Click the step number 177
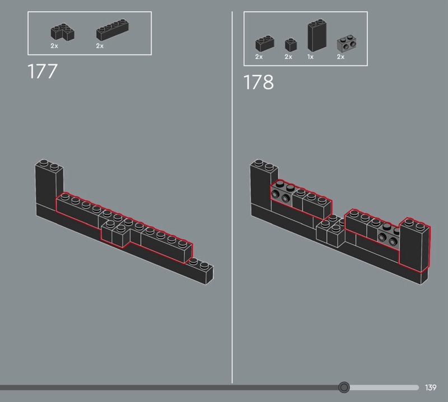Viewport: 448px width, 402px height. pyautogui.click(x=43, y=72)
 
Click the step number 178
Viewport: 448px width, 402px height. pyautogui.click(x=258, y=82)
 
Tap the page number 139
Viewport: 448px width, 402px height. pyautogui.click(x=430, y=387)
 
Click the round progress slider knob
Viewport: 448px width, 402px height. pyautogui.click(x=344, y=387)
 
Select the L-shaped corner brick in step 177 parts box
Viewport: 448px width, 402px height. pyautogui.click(x=62, y=32)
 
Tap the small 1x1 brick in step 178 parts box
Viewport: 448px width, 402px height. pyautogui.click(x=290, y=44)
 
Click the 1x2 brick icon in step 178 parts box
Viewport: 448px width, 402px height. pyautogui.click(x=264, y=44)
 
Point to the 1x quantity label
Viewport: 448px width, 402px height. pyautogui.click(x=310, y=57)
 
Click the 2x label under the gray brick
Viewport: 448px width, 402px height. pyautogui.click(x=340, y=57)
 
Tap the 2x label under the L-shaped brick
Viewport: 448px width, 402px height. pyautogui.click(x=54, y=46)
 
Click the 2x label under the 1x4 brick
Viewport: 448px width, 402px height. pyautogui.click(x=100, y=46)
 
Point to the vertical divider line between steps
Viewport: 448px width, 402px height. pyautogui.click(x=232, y=196)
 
